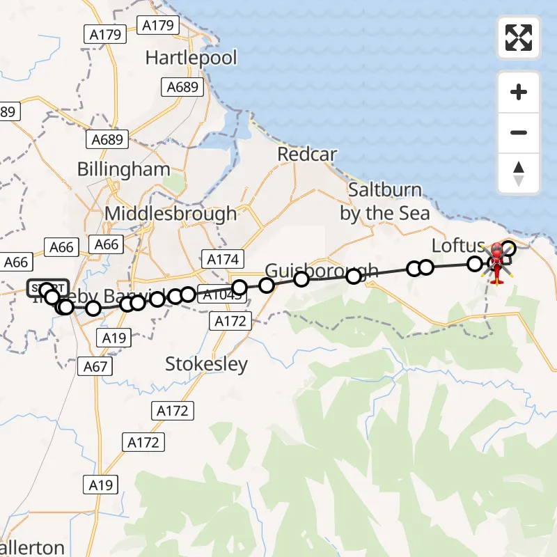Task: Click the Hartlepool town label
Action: point(191,57)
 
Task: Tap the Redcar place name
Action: point(307,154)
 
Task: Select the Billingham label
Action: point(124,169)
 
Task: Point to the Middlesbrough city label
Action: point(171,213)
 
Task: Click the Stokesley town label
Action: point(207,364)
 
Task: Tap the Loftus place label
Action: point(457,246)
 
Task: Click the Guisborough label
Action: point(322,270)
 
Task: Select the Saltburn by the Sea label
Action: point(385,201)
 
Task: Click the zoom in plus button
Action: point(519,92)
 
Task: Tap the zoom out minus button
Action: point(519,132)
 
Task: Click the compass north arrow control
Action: point(519,173)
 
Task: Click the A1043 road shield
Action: point(221,295)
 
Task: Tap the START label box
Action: point(48,288)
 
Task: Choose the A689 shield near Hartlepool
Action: point(183,87)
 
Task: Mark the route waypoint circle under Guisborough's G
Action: point(267,285)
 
